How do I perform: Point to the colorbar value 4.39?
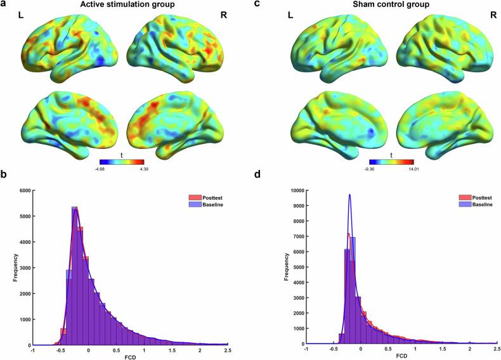[144, 169]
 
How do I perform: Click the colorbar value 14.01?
[405, 169]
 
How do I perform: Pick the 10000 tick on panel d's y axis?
[294, 190]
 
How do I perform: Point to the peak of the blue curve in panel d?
[349, 195]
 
